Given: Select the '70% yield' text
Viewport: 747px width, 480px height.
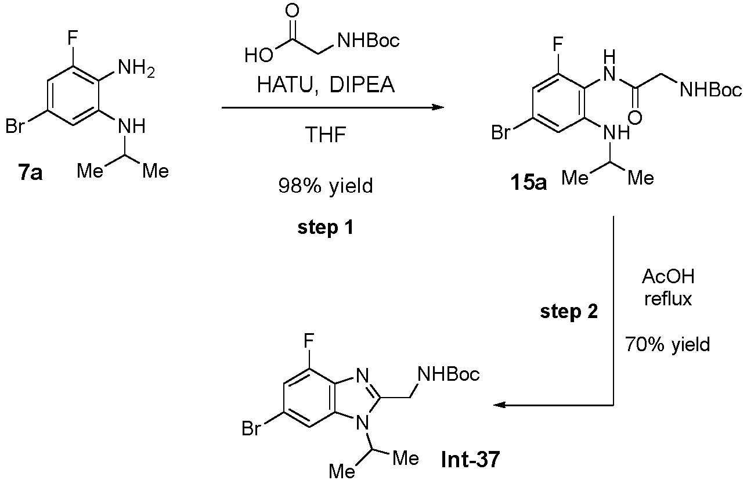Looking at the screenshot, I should coord(667,345).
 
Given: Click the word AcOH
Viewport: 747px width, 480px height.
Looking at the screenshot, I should coord(667,277).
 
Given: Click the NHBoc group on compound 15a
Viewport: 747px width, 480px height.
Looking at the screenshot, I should coord(709,90).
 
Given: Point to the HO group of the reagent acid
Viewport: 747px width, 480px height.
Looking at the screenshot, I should coord(254,56).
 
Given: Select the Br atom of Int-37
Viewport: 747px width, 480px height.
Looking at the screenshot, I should coord(251,429).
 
